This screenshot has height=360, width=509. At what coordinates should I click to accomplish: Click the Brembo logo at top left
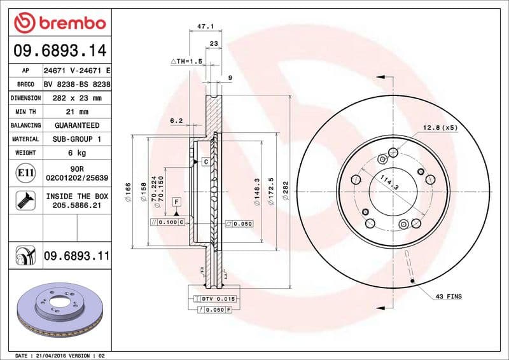click(x=59, y=24)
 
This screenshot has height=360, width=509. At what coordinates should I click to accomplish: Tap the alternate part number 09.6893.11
click(x=76, y=256)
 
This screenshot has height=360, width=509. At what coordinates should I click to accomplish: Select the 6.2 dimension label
click(x=176, y=120)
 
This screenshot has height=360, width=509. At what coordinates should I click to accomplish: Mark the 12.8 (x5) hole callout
click(x=440, y=128)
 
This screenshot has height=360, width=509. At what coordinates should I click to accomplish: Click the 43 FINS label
click(x=449, y=296)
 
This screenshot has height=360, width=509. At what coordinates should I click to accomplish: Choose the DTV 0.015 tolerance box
click(x=219, y=298)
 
